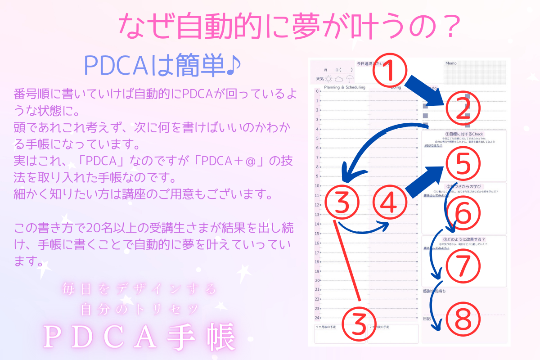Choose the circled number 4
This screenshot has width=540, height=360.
pyautogui.click(x=390, y=203)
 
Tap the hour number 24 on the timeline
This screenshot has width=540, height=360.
pyautogui.click(x=317, y=318)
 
